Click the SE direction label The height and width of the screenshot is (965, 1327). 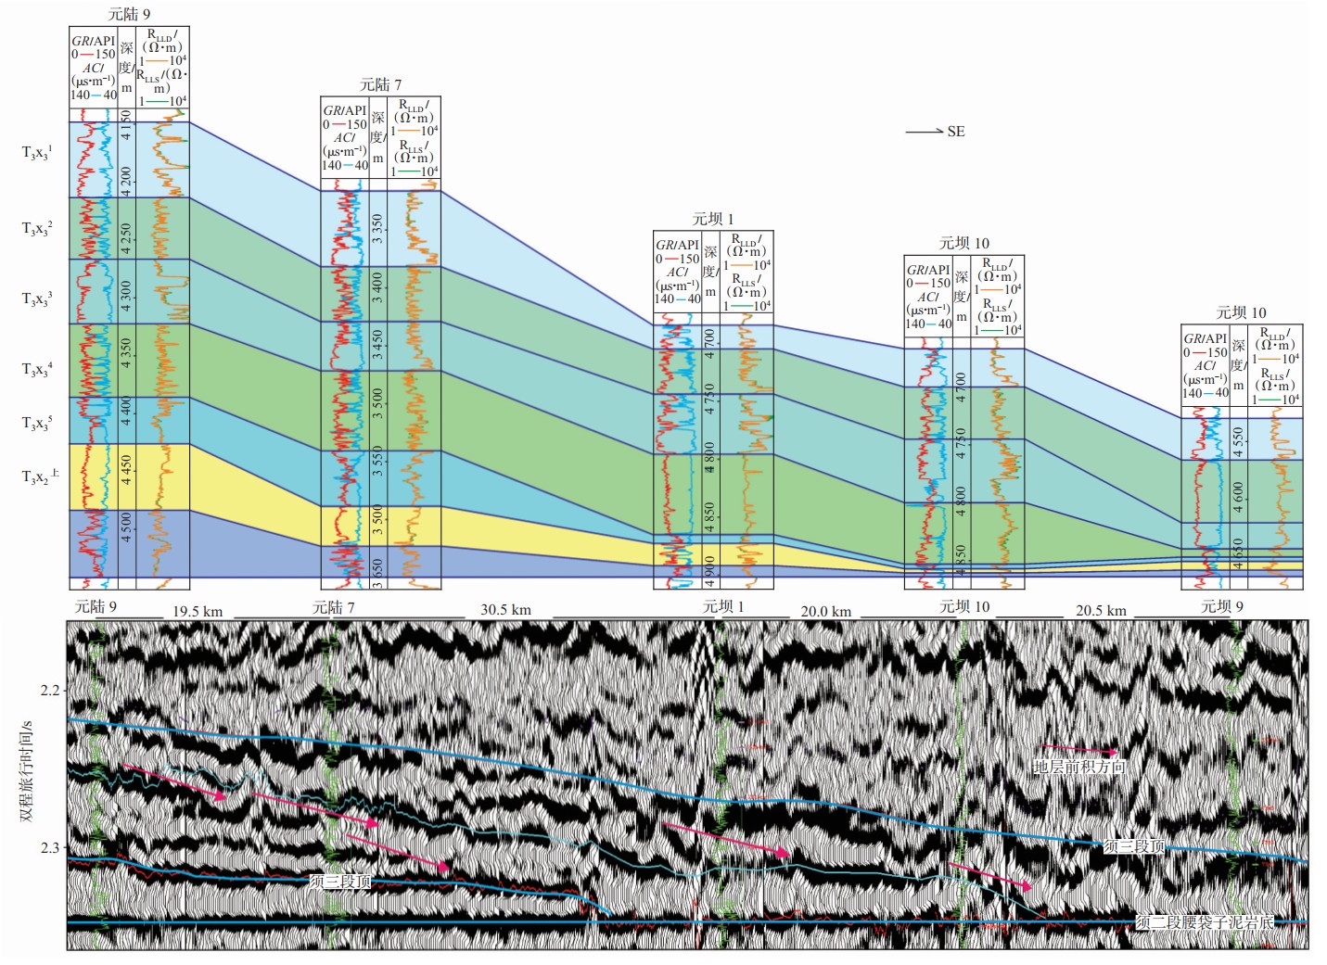[x=956, y=132]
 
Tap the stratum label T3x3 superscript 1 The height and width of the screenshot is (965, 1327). [x=37, y=153]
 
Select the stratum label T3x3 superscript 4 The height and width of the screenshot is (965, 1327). [x=37, y=370]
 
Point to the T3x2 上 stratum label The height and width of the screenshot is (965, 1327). [x=40, y=477]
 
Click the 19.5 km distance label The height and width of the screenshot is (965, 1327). [x=198, y=612]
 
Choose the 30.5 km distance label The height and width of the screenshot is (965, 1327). [x=505, y=610]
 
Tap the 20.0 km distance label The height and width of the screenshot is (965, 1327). [x=825, y=612]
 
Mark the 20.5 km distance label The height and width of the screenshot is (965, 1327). [x=1101, y=611]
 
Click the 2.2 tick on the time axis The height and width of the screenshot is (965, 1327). [x=50, y=691]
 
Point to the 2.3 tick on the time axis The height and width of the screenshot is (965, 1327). [x=50, y=848]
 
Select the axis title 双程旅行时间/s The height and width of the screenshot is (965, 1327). [x=26, y=770]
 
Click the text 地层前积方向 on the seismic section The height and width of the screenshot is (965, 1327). [x=1078, y=767]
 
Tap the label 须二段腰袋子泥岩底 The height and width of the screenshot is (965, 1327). [x=1204, y=922]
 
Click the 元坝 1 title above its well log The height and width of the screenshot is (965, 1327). [x=712, y=220]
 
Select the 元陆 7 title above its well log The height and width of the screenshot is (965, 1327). [x=380, y=85]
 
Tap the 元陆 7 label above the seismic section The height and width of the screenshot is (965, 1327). [x=333, y=607]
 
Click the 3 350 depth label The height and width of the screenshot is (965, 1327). [x=377, y=229]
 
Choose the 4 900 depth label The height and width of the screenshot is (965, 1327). [x=709, y=566]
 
